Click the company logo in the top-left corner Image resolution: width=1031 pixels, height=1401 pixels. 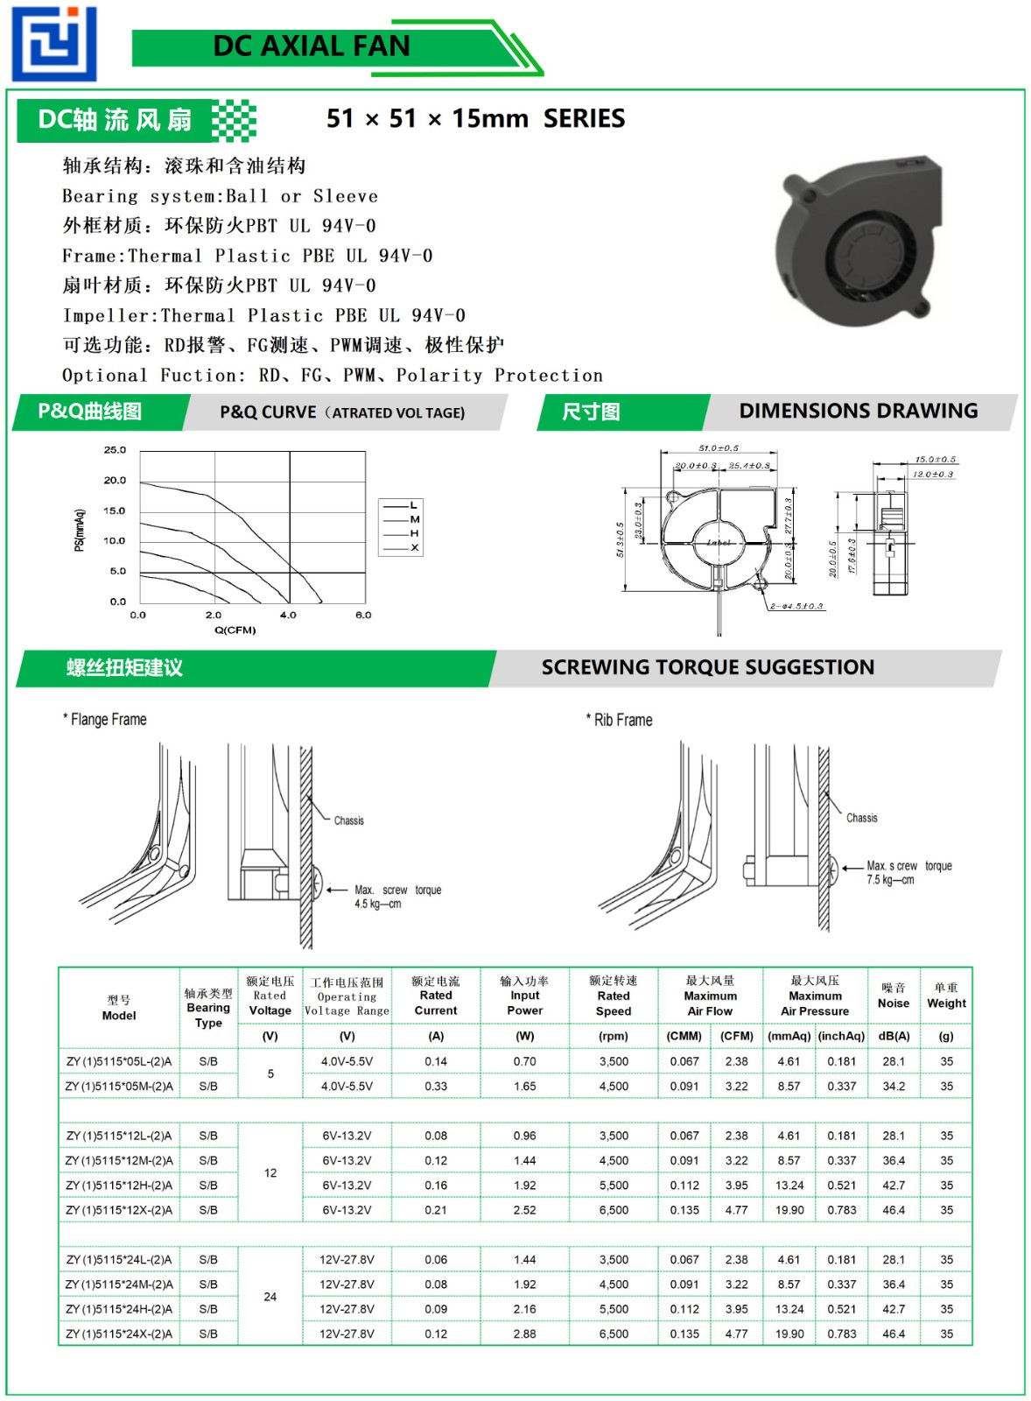coord(54,44)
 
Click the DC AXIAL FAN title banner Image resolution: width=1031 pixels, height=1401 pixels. coord(312,46)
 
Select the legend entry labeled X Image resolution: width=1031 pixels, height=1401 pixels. coord(414,548)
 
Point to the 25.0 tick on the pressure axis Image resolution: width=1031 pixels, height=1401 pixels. coord(115,450)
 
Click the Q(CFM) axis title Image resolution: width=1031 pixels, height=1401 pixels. coord(235,630)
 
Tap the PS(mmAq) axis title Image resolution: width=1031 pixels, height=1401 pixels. coord(80,530)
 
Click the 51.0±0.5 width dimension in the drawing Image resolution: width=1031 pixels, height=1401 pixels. coord(718,448)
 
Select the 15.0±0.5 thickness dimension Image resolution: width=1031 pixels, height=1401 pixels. coord(935,460)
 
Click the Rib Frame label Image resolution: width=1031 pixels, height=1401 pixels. coord(622,721)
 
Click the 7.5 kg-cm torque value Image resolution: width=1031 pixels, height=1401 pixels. coord(890,880)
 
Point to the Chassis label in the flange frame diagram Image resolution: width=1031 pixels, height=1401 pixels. coord(348,820)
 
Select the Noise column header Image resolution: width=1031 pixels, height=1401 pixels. coord(893,1003)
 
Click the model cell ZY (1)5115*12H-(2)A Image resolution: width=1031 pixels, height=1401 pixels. coord(119,1185)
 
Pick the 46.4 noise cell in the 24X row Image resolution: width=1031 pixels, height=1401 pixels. coord(893,1334)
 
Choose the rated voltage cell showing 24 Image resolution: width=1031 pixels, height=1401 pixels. coord(270,1297)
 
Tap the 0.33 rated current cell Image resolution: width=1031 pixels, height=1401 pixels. coord(435,1086)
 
